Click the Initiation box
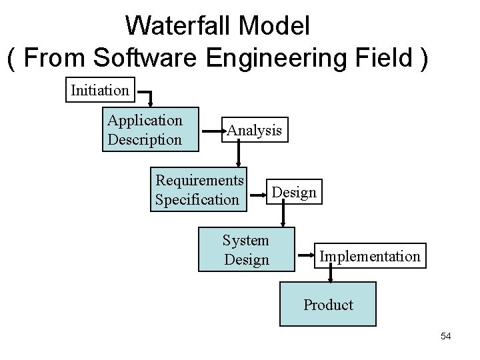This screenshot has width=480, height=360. click(100, 89)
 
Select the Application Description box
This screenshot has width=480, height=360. click(151, 129)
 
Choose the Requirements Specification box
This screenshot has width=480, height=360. click(199, 189)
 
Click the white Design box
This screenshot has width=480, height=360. click(293, 193)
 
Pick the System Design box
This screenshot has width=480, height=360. click(247, 249)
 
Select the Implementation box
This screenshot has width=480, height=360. click(370, 256)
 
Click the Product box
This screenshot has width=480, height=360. click(328, 304)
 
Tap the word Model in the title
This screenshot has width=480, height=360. click(275, 27)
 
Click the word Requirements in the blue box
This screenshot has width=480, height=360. click(199, 180)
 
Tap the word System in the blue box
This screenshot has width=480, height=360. click(246, 240)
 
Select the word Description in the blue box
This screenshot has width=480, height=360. click(144, 139)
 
